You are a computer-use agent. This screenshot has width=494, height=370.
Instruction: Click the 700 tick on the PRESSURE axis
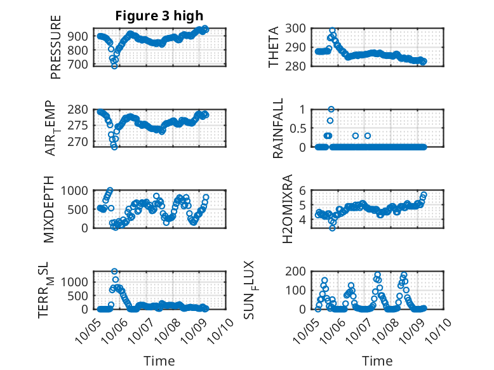83,65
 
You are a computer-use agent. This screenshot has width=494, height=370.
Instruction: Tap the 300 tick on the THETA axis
298,28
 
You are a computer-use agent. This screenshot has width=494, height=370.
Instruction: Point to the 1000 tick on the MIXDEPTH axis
80,190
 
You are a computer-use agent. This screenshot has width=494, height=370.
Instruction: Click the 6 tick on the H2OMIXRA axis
304,190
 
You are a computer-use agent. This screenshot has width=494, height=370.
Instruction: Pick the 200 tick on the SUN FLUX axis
298,271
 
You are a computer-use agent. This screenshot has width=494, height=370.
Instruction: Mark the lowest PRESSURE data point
114,65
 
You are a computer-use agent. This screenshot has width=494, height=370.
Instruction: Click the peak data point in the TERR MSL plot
115,272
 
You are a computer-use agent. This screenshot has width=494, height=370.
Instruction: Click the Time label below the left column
159,360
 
